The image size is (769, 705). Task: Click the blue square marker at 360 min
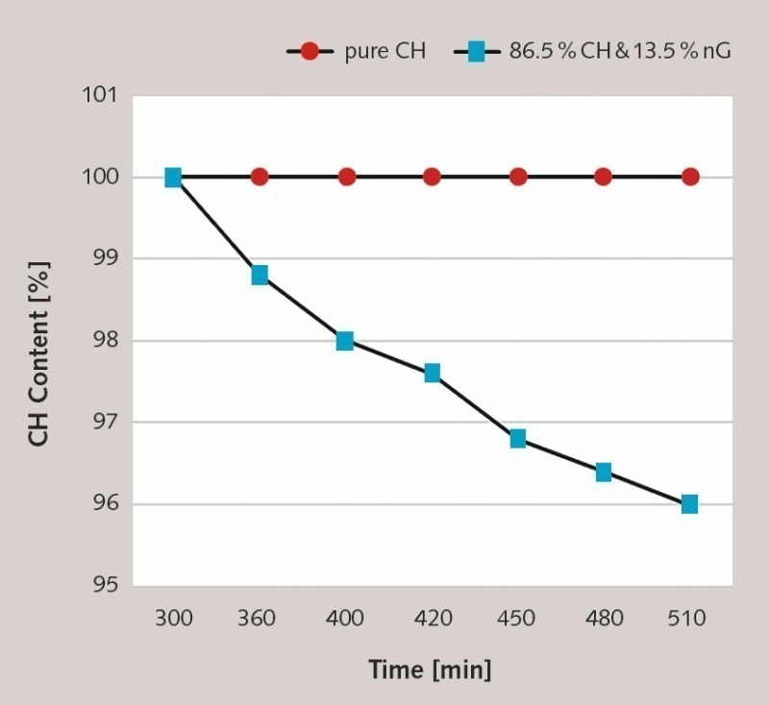(x=260, y=276)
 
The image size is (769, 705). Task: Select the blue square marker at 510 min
(x=689, y=504)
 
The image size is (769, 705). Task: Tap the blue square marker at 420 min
(x=432, y=373)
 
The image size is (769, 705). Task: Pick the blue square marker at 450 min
(x=518, y=439)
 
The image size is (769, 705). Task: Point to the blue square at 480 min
(x=604, y=472)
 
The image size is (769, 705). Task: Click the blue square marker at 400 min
(x=345, y=341)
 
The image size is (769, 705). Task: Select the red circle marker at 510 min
(x=690, y=177)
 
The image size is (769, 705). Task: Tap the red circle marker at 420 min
(x=432, y=177)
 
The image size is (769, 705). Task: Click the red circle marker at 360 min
(x=260, y=177)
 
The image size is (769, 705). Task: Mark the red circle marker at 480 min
(x=604, y=177)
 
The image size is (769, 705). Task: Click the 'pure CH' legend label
(x=384, y=52)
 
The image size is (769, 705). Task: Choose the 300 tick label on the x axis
(x=174, y=618)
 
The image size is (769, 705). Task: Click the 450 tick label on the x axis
(x=518, y=618)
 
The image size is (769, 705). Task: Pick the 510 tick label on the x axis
(x=689, y=618)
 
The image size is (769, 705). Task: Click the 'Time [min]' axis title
(x=430, y=669)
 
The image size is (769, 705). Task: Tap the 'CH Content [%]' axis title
(x=38, y=341)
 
